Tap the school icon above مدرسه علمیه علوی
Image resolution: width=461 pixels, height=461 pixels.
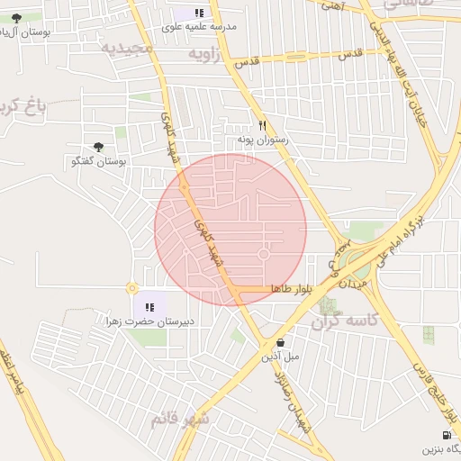pyautogui.click(x=199, y=13)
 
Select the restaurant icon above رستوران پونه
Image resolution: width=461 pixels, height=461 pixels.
pyautogui.click(x=262, y=125)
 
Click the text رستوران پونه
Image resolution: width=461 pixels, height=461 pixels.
pyautogui.click(x=261, y=140)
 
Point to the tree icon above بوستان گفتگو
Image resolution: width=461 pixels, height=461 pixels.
pyautogui.click(x=98, y=147)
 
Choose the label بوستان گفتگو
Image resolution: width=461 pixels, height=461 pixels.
pyautogui.click(x=99, y=161)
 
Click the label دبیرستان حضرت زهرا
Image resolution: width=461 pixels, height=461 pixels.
pyautogui.click(x=149, y=321)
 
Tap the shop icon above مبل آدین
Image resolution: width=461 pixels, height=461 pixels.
pyautogui.click(x=282, y=343)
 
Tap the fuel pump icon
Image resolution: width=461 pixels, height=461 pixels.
pyautogui.click(x=447, y=435)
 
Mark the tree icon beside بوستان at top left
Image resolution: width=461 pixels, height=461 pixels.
pyautogui.click(x=16, y=17)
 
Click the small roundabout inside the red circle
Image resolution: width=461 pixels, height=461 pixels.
pyautogui.click(x=263, y=255)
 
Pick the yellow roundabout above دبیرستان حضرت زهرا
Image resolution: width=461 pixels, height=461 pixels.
pyautogui.click(x=132, y=288)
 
